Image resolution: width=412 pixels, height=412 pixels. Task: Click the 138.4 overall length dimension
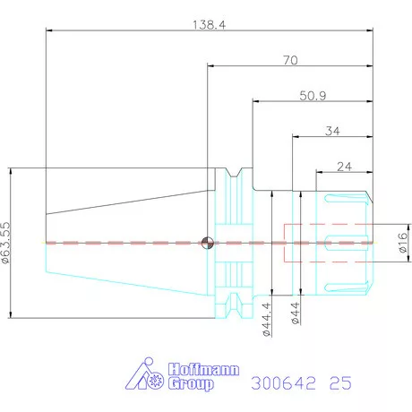pos(209,25)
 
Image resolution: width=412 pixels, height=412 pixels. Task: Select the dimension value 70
pos(290,60)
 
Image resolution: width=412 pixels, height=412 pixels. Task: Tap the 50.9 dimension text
pos(313,96)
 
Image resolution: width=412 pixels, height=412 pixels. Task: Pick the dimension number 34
pos(332,131)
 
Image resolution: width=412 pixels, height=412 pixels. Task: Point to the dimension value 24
pos(344,167)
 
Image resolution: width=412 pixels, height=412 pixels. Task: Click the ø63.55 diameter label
pos(5,243)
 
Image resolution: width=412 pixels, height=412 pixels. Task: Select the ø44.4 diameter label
pos(267,319)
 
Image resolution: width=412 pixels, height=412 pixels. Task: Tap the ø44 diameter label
pos(295,313)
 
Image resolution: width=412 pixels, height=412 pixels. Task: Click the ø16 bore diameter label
pos(403,243)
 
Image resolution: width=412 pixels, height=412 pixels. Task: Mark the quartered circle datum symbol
pos(208,243)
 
